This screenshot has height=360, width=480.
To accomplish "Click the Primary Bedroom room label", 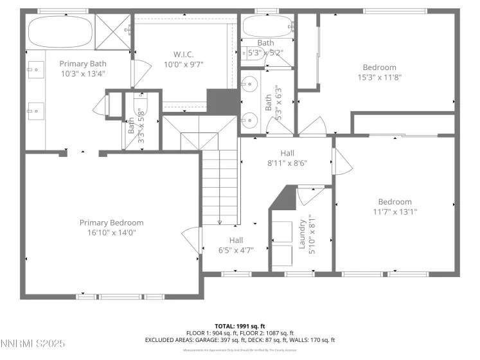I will (x=111, y=222).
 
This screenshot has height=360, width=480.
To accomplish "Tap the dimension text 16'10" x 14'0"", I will (x=111, y=233).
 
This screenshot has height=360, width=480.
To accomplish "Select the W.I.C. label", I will (x=183, y=54).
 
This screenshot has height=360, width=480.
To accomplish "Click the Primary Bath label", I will (x=83, y=64).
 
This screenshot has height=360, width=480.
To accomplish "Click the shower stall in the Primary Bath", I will (x=113, y=30).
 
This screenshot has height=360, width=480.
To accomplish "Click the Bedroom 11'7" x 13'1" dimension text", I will (x=395, y=212).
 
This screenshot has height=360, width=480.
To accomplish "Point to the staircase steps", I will (x=220, y=186).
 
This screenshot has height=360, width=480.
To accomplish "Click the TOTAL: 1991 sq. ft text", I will (x=240, y=326).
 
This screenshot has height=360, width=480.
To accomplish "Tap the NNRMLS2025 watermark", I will (x=33, y=345).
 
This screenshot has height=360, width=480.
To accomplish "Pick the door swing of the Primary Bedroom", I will (x=191, y=239).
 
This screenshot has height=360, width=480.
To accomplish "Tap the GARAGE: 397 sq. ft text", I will (x=218, y=339).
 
